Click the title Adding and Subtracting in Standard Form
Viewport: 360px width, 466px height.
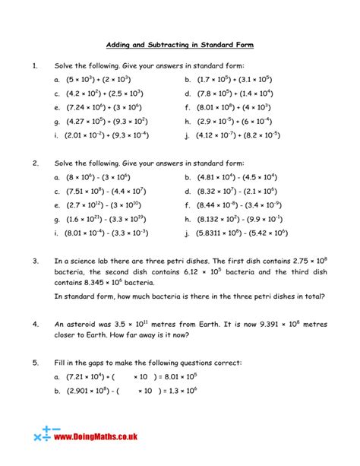179,45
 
